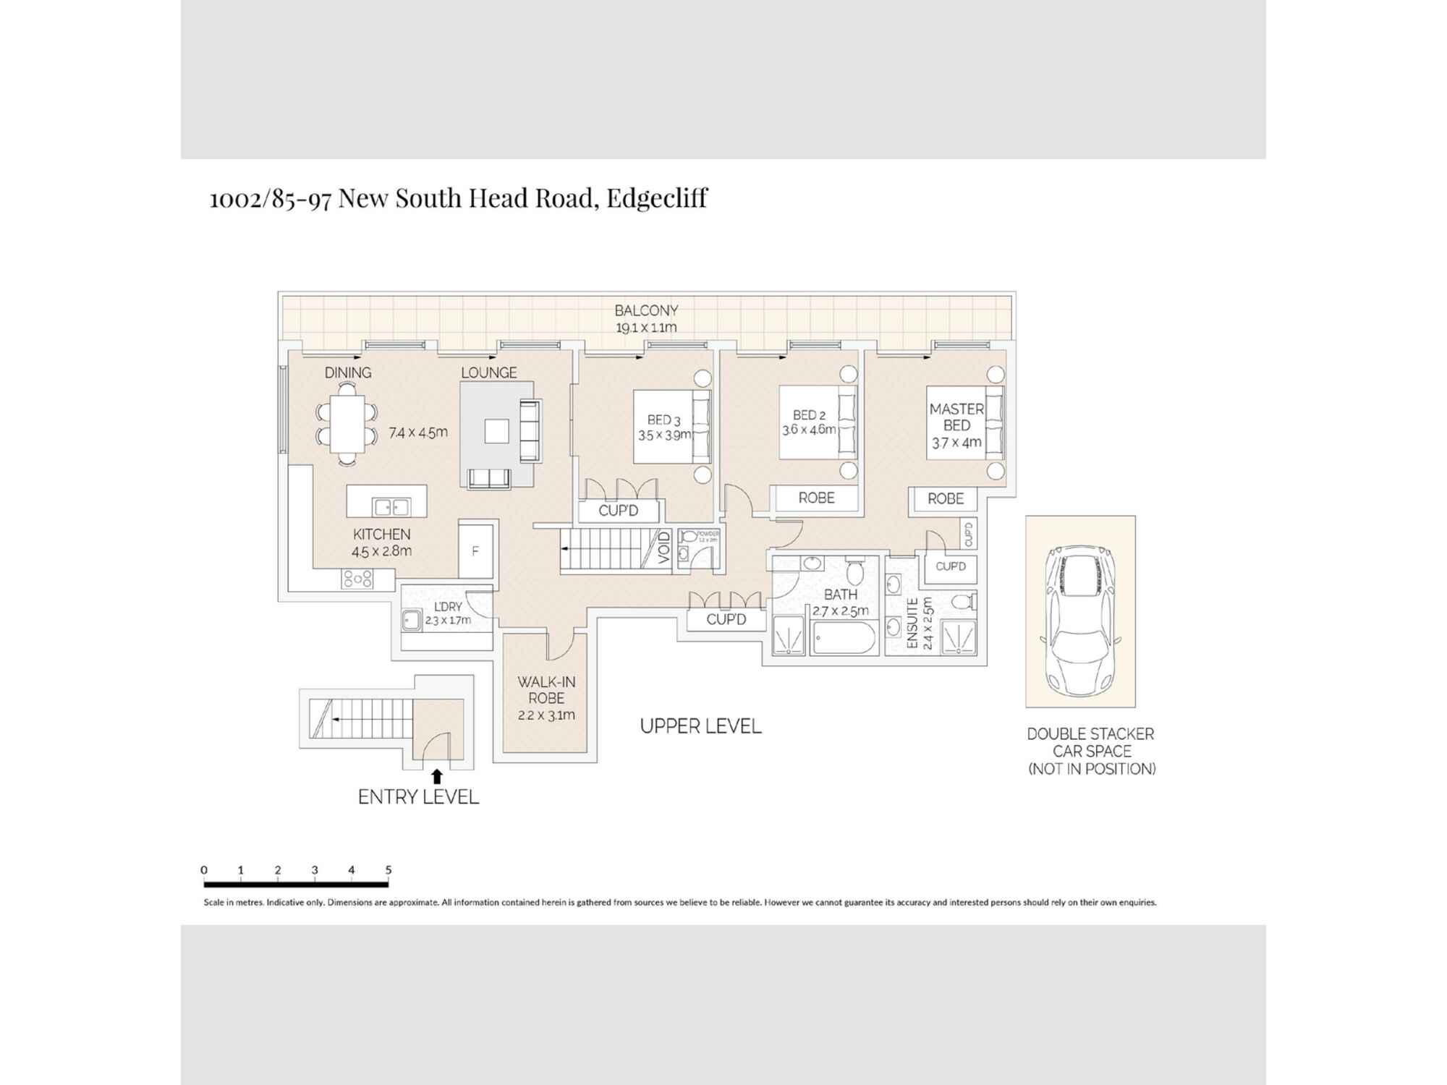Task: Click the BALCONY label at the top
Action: [x=646, y=310]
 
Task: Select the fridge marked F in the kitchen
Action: [x=475, y=551]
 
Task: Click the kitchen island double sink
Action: [x=391, y=507]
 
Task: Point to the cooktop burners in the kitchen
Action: [x=357, y=579]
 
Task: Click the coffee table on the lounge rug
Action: [x=496, y=431]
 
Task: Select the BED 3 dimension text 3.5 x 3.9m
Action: [x=663, y=435]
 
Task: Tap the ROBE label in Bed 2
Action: [x=816, y=498]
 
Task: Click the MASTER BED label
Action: [x=956, y=417]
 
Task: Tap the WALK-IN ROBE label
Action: [x=546, y=690]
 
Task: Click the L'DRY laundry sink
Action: [x=412, y=621]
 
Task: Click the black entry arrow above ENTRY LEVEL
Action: [x=436, y=776]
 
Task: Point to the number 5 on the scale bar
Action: [x=389, y=870]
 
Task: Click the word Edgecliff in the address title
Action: [x=656, y=197]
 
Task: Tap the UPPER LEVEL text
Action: [x=700, y=726]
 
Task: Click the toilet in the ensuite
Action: [x=962, y=602]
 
